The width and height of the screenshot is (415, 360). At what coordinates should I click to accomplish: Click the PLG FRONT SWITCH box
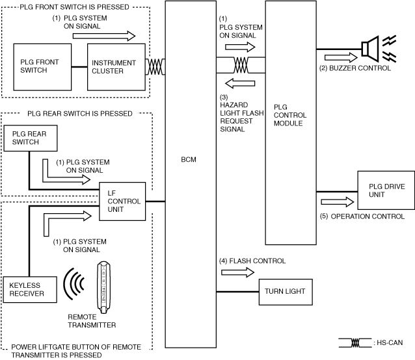point(43,66)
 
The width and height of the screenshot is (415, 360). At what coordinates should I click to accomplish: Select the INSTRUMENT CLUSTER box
point(114,67)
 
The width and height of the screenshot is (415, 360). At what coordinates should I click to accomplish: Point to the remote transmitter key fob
point(102,285)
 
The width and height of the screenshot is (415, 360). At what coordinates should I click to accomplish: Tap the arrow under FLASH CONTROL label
point(234,272)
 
